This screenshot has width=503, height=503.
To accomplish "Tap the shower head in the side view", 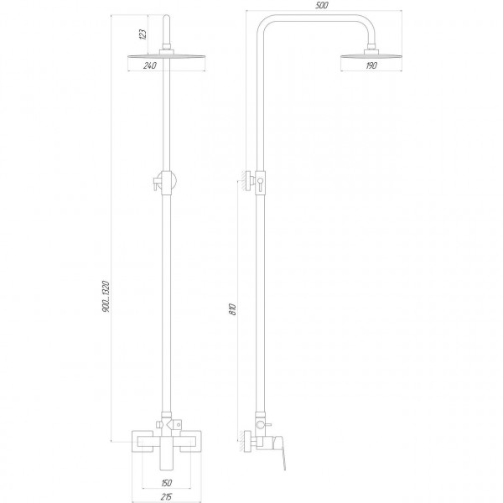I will tap(371, 56).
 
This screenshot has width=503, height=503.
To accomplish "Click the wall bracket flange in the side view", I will tap(248, 182).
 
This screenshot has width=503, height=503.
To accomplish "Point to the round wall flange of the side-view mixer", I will tap(248, 438).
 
